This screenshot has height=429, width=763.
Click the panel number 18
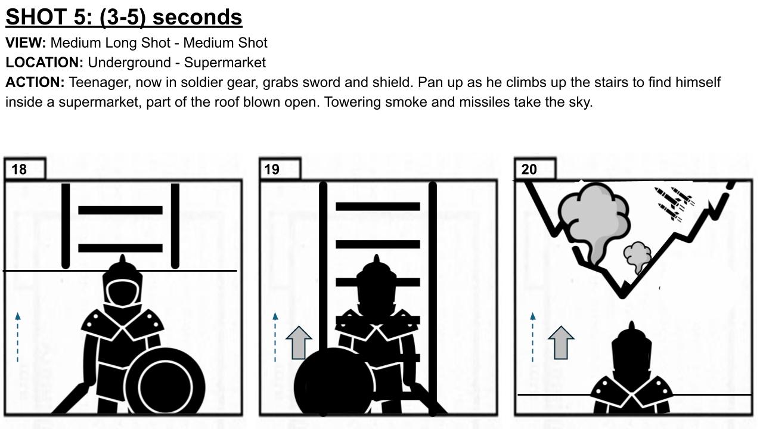click(19, 169)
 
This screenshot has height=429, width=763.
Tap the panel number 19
click(272, 169)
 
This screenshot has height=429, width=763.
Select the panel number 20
click(529, 169)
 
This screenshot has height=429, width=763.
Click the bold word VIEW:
click(26, 43)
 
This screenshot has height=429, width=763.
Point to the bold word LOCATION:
click(44, 63)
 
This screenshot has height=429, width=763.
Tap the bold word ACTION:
click(35, 82)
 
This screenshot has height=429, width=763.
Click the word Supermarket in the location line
click(225, 63)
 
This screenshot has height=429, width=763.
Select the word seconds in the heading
click(197, 17)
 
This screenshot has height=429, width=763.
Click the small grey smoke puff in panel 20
click(637, 256)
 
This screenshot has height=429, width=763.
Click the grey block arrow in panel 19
click(299, 343)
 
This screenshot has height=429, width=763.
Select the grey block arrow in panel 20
click(561, 343)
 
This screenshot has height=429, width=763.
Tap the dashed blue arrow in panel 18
click(18, 337)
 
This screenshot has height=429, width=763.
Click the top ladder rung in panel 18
click(120, 210)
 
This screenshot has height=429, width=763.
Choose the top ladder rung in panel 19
click(378, 206)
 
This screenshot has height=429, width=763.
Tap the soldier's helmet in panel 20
click(632, 351)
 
